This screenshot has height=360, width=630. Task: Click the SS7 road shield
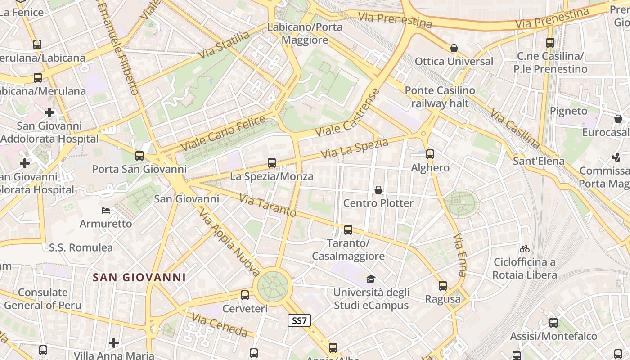299,320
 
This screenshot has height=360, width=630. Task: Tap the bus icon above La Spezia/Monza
272,163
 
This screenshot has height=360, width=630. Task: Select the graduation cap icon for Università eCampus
371,279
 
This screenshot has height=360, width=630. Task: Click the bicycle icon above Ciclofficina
524,249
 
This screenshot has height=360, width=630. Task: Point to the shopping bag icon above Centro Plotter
378,190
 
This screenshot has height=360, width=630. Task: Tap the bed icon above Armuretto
106,210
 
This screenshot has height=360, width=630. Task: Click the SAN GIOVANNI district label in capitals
139,277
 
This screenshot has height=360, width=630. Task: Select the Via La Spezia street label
355,149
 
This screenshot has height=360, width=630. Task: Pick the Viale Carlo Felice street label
223,134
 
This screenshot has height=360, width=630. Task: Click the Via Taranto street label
267,205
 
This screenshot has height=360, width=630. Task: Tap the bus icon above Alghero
430,154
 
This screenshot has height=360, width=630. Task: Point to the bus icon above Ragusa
443,286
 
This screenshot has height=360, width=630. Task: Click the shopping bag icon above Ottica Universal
454,48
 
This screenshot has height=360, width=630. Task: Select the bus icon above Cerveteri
245,295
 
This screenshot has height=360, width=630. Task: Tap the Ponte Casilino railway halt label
440,97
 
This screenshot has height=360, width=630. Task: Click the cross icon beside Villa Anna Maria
114,343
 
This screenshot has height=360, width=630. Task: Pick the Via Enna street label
459,254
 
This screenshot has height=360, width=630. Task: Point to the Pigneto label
569,111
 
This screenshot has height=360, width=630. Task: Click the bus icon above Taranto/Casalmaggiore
348,230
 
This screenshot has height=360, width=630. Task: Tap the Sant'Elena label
539,161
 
